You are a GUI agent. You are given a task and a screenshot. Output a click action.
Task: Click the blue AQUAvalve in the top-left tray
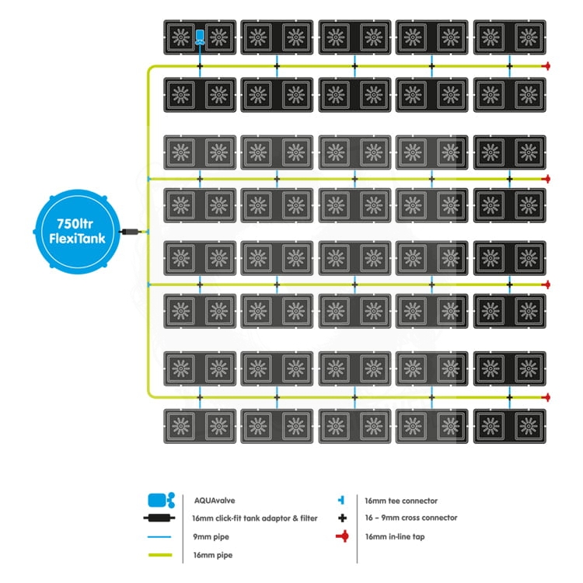200,37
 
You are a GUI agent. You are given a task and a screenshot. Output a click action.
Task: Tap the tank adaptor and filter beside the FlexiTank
131,232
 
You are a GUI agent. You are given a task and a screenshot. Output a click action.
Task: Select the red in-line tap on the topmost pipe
547,67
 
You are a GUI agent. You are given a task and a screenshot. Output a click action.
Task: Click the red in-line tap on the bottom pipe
547,397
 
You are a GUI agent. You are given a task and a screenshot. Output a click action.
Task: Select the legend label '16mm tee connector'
400,501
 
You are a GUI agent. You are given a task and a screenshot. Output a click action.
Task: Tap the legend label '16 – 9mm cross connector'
410,518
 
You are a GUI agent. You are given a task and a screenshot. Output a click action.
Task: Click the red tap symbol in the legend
340,536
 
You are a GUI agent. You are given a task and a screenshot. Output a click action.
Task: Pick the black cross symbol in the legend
340,518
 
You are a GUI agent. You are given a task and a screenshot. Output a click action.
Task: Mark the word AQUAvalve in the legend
211,501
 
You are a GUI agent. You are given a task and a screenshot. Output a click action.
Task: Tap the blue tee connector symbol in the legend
340,501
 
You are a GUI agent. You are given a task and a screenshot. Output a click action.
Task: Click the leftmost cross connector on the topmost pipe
200,67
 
